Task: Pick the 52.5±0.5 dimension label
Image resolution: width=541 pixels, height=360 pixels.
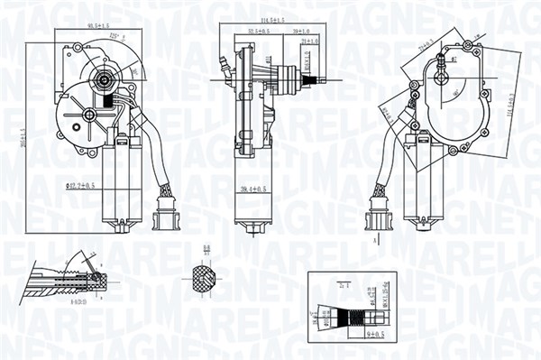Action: [x=259, y=31]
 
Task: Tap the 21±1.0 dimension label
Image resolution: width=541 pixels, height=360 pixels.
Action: [x=311, y=41]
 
